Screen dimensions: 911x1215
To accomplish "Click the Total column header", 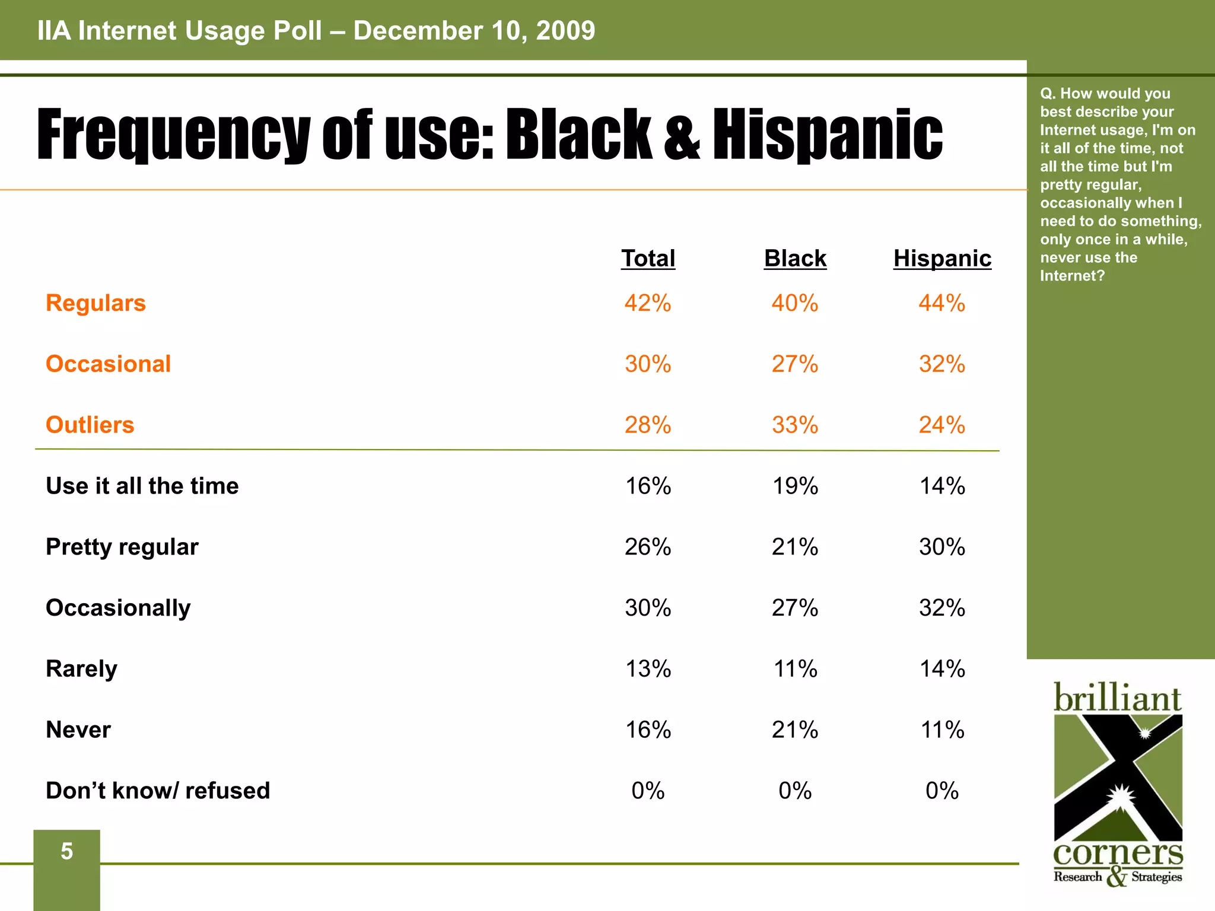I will tap(648, 259).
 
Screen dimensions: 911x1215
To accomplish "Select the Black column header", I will tap(795, 259).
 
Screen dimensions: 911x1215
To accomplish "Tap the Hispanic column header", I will tap(942, 259).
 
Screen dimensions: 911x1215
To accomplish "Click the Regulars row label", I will tap(96, 303).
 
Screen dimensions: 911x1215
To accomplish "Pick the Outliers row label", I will tap(90, 425).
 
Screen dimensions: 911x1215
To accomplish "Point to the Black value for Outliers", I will tap(795, 425).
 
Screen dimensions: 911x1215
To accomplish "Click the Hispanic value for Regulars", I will tap(942, 303).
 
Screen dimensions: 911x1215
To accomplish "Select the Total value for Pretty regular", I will tap(648, 546).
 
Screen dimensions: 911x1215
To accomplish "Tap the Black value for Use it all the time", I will tap(795, 486).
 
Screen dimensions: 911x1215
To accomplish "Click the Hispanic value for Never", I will tap(942, 730).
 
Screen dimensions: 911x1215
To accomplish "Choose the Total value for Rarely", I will tap(648, 668).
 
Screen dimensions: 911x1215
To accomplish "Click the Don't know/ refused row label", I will tap(158, 791).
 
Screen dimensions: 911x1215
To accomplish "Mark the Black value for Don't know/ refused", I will tap(795, 791).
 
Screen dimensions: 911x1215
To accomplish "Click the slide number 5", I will tap(66, 852).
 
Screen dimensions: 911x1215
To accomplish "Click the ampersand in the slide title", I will tap(682, 135).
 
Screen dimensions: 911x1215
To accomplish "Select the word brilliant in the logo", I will tap(1118, 698).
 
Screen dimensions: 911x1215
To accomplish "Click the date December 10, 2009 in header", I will tap(474, 31).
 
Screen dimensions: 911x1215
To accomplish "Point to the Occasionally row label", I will tap(118, 608).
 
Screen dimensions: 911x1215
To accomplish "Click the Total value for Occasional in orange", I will tap(648, 364).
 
